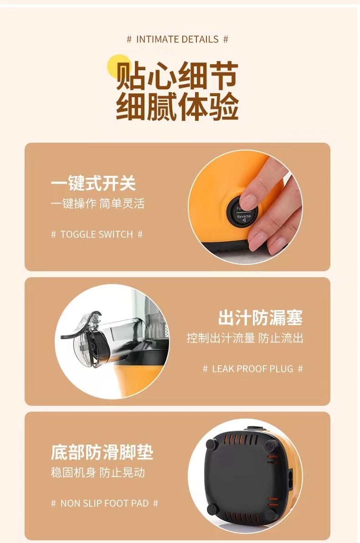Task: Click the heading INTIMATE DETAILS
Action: point(177,39)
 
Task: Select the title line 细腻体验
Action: point(177,106)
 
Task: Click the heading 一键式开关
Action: point(93,183)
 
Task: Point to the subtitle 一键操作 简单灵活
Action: point(98,204)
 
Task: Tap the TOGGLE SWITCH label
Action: point(97,234)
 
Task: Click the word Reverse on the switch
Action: point(244,217)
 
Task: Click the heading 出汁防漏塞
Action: point(260,318)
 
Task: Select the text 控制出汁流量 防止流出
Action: point(245,338)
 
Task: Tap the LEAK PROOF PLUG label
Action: point(252,369)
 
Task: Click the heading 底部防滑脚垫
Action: point(102,452)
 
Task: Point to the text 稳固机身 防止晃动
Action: point(98,473)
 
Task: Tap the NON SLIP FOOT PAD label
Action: point(104,503)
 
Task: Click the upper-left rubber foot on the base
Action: point(211,444)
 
